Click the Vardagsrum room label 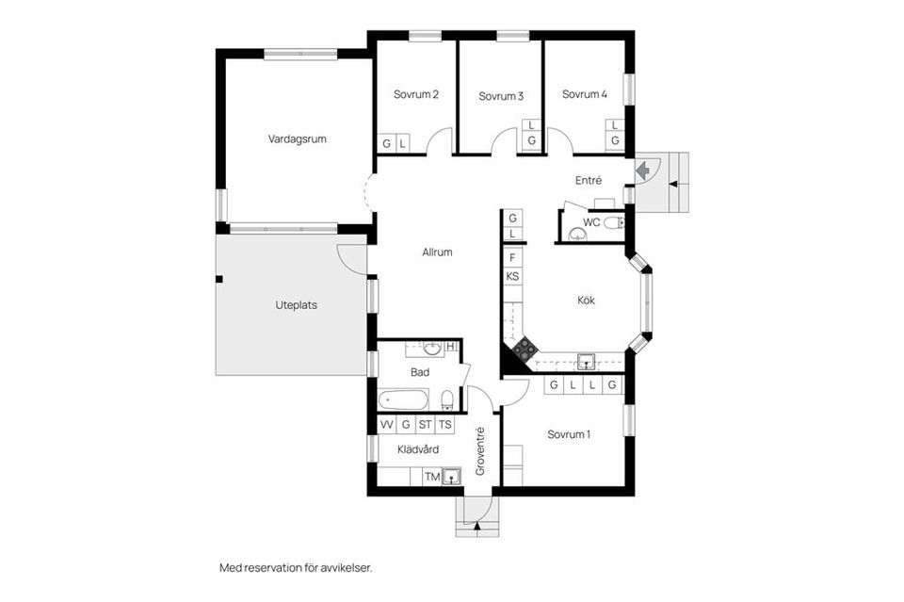click(297, 138)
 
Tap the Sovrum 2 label click(416, 94)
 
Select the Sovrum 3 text click(501, 96)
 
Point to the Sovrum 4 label click(585, 94)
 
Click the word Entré click(589, 180)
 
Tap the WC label click(591, 222)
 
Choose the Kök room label click(587, 301)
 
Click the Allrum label click(438, 252)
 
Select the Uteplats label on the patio click(296, 304)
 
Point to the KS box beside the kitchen click(512, 276)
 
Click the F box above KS click(512, 257)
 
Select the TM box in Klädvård click(431, 477)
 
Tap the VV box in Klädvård click(386, 425)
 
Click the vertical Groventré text click(480, 450)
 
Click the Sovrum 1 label click(569, 434)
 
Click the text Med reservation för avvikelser click(296, 568)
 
